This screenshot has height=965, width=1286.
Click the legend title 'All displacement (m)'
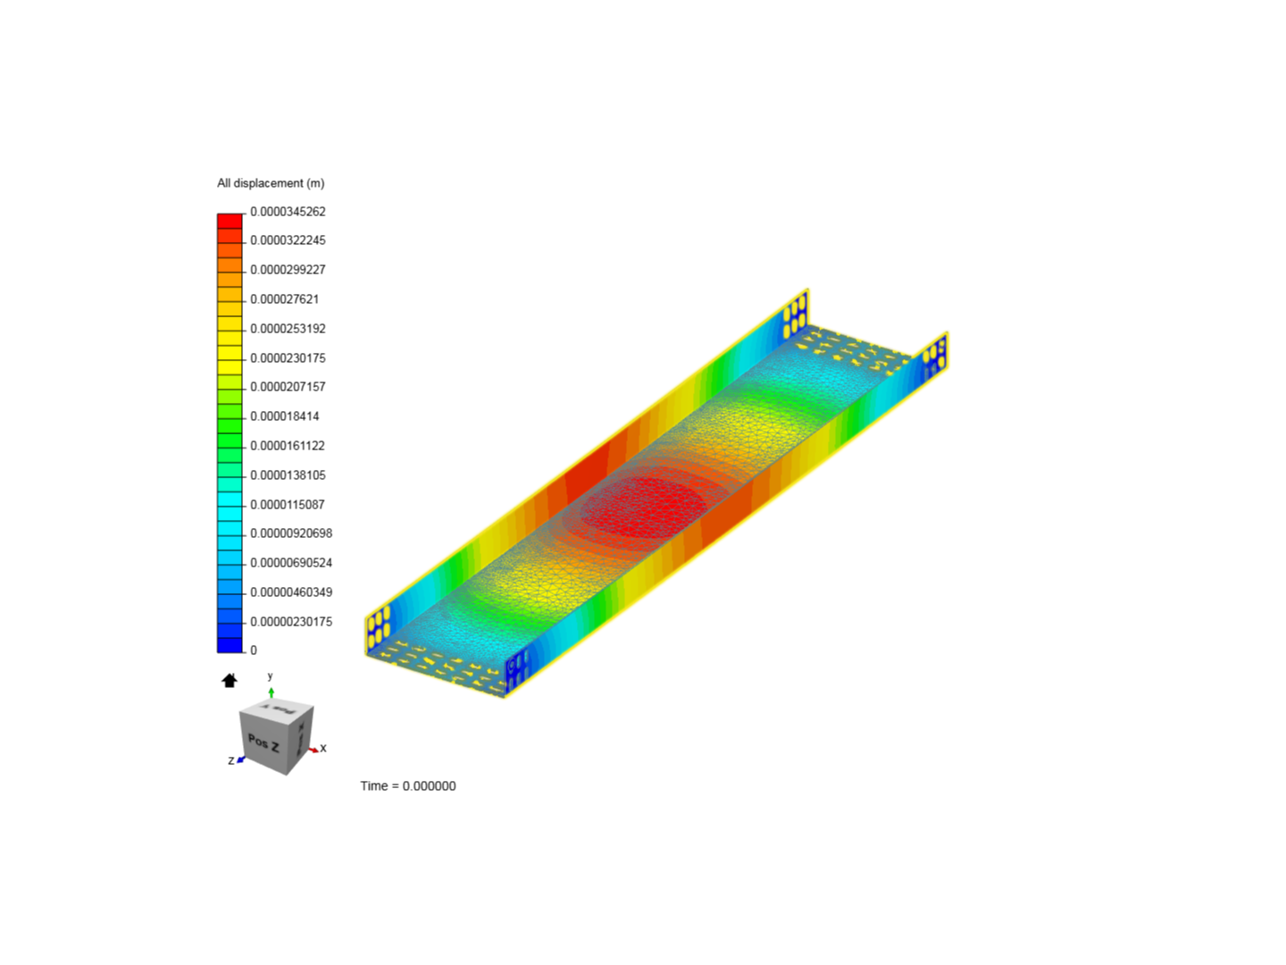[271, 183]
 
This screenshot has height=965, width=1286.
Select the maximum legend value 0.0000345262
[288, 212]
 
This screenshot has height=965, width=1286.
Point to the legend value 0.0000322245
[288, 240]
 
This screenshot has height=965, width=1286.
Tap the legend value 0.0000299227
[288, 270]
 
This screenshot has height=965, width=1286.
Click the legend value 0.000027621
[284, 299]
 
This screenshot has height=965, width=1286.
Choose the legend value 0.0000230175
[288, 358]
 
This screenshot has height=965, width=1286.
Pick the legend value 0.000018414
[284, 416]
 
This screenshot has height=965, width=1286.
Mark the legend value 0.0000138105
[288, 475]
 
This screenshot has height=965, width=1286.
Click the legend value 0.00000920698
[291, 533]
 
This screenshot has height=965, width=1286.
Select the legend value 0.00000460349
[291, 592]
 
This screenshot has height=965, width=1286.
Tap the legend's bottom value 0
[254, 650]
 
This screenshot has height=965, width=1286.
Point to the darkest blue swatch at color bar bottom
[230, 644]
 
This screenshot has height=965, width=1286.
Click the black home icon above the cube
[230, 681]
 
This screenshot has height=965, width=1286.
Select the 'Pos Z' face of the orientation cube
[263, 743]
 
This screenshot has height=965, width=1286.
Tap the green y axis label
[271, 676]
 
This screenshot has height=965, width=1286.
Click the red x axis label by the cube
[323, 749]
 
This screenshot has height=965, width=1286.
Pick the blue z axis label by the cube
[231, 761]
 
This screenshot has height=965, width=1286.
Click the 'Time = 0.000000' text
[408, 786]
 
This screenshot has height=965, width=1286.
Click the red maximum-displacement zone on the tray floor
[643, 505]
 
